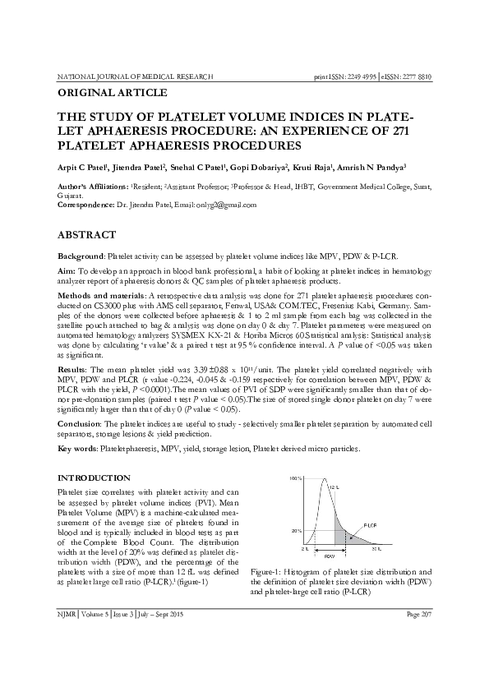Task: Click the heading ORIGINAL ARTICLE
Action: (112, 93)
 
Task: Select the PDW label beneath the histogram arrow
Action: (330, 556)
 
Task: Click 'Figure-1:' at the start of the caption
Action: (268, 570)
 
